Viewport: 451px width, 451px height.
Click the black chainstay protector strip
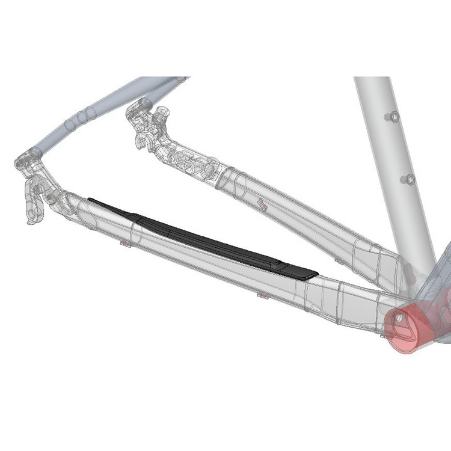204,238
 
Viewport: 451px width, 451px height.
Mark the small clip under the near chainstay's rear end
125,244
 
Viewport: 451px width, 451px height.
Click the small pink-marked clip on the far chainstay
262,203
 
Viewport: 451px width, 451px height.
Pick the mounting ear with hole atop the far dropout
161,112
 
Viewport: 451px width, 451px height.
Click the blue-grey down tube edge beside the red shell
443,265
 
